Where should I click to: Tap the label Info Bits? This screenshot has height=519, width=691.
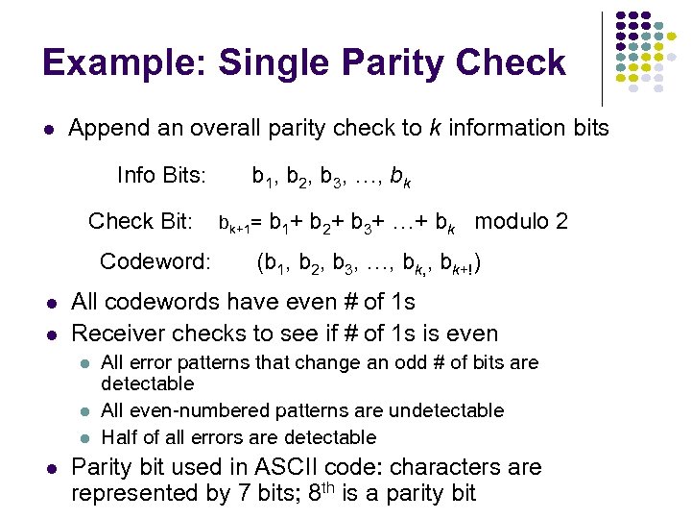click(x=160, y=175)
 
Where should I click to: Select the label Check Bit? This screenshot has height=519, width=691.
click(x=141, y=221)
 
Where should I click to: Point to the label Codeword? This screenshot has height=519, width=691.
click(x=155, y=261)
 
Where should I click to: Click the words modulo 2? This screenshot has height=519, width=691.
click(x=521, y=221)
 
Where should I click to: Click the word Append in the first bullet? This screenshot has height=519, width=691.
click(x=107, y=128)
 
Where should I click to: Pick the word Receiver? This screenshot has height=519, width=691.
click(x=118, y=334)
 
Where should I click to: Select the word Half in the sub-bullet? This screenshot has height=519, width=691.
click(x=119, y=437)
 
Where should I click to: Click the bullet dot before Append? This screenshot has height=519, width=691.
click(x=49, y=129)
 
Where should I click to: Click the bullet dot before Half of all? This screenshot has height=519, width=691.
click(x=84, y=438)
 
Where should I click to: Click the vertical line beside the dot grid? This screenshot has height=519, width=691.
click(x=602, y=58)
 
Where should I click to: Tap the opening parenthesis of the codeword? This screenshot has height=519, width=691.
click(x=260, y=262)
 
